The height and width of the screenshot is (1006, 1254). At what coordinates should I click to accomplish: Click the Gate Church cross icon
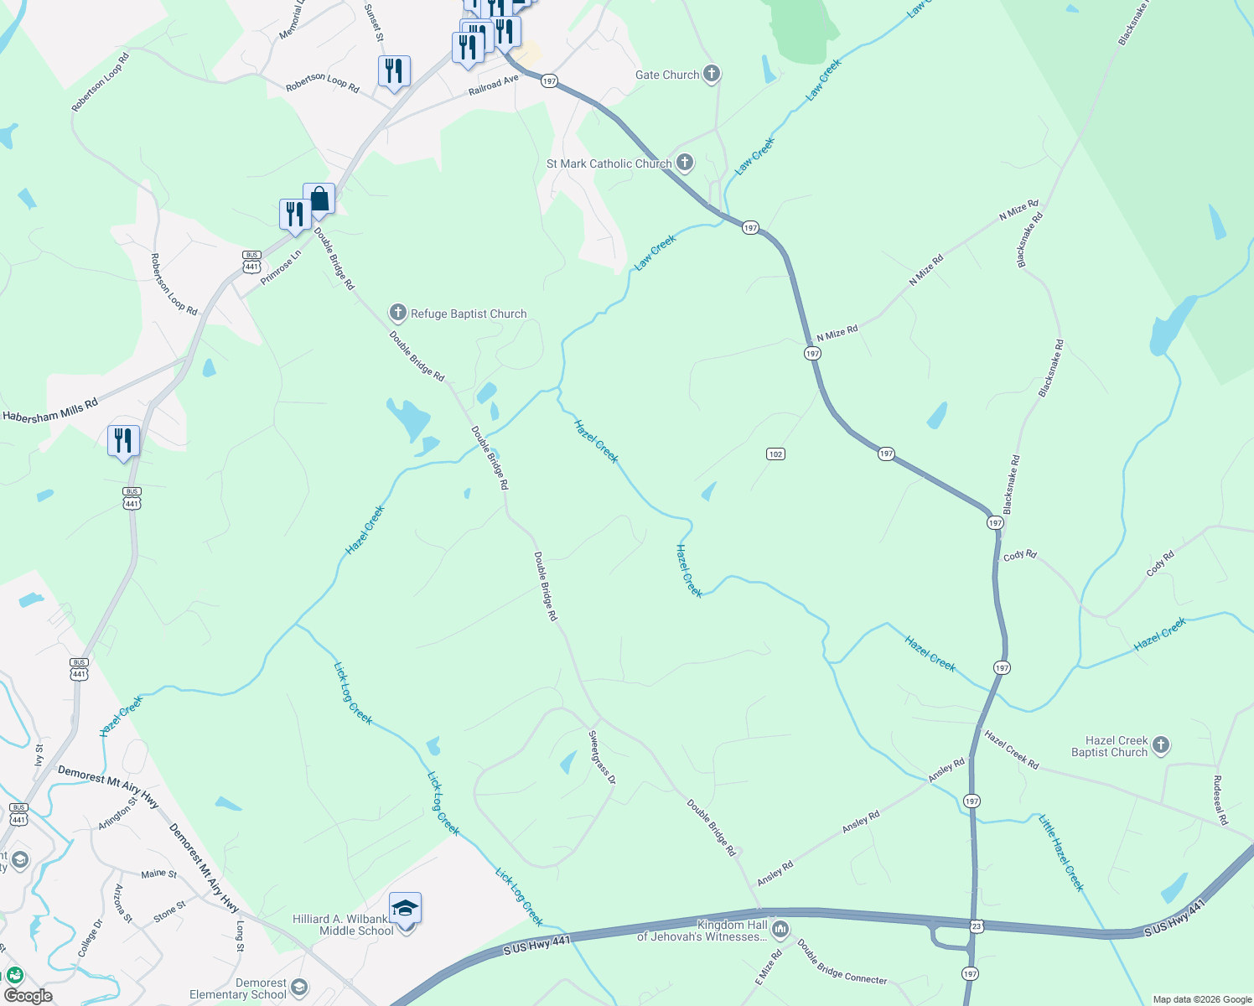coord(711,75)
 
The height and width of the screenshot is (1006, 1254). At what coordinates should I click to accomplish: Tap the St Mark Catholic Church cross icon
coord(685,163)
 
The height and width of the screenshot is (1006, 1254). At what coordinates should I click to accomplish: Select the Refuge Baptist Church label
coord(468,314)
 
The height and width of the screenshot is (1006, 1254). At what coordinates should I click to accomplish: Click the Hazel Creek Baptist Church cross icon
coord(1160,744)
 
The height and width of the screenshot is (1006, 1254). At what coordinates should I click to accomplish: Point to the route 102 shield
coord(775,454)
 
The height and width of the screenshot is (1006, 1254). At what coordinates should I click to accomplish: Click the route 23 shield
coord(977,926)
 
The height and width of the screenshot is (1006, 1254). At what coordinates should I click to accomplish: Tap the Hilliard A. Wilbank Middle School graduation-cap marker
coord(406,909)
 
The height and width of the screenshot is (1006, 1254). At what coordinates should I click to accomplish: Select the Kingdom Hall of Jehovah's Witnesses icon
coord(780,928)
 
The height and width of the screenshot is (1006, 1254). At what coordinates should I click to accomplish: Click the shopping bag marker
coord(319,200)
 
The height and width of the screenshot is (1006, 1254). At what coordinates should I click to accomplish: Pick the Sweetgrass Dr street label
coord(602,758)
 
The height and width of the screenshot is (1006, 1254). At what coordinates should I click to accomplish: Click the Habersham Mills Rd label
coord(50,410)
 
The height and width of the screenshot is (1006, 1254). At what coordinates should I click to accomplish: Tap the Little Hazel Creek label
coord(1061,853)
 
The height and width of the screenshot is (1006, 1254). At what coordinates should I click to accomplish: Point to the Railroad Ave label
coord(494,85)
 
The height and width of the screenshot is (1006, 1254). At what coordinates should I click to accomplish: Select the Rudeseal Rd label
coord(1220,800)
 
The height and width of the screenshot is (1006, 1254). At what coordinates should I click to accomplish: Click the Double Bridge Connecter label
coord(842,962)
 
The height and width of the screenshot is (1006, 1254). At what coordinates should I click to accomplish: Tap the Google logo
coord(28,996)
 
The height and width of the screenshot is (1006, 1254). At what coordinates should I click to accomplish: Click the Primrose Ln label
coord(281,267)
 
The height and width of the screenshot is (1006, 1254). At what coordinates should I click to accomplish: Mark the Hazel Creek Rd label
coord(1011,750)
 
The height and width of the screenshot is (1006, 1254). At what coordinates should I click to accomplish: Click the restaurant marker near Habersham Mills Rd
coord(123,440)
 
